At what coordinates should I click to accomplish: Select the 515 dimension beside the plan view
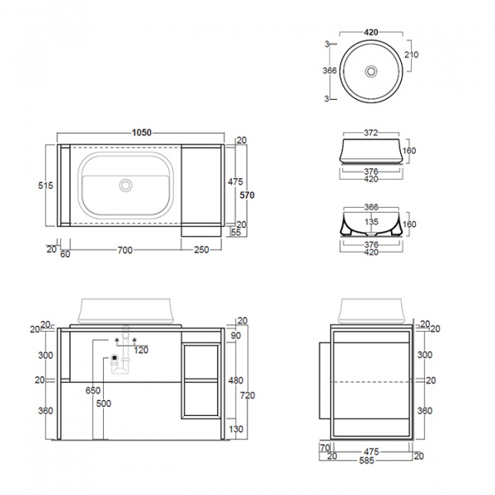tap(45, 186)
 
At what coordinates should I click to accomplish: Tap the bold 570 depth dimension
tap(247, 196)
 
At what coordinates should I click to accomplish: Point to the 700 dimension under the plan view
tap(124, 249)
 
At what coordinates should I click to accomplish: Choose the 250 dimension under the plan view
tap(200, 249)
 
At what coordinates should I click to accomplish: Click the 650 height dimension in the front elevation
tap(92, 389)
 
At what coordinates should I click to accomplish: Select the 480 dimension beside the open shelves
tap(237, 381)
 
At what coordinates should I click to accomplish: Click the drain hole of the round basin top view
tap(371, 72)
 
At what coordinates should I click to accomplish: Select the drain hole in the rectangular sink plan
tap(125, 186)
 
